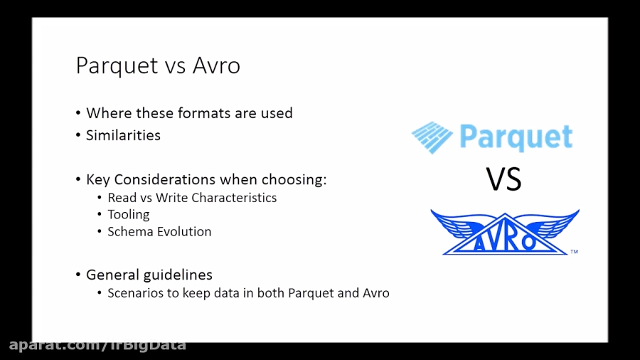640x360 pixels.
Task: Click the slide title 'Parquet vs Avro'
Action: click(x=158, y=65)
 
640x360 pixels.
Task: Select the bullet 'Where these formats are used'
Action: click(x=189, y=113)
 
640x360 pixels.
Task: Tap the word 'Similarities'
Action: click(x=123, y=135)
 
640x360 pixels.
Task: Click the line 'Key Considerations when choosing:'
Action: click(x=206, y=179)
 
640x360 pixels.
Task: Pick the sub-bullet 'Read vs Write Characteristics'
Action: click(x=192, y=198)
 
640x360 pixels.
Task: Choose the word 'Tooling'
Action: click(x=129, y=215)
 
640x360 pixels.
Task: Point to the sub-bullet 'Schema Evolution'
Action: click(x=159, y=232)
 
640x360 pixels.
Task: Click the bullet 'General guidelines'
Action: click(x=149, y=275)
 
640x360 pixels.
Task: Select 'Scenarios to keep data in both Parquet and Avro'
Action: click(x=248, y=293)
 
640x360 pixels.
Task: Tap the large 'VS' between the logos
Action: click(x=503, y=179)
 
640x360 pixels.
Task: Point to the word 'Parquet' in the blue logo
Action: click(x=516, y=137)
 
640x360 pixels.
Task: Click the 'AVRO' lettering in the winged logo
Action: click(x=504, y=240)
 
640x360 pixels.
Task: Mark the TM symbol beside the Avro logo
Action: click(x=574, y=252)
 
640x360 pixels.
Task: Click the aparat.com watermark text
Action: click(x=97, y=345)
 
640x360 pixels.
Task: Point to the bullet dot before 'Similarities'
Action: click(x=78, y=136)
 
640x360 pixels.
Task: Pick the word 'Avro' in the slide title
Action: click(x=216, y=65)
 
